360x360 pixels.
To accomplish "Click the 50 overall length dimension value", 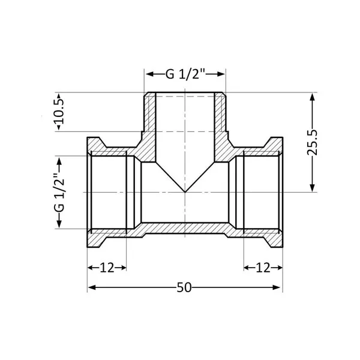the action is coord(184,287).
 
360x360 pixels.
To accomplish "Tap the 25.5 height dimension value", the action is coord(312,143).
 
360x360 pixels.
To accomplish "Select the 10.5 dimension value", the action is coord(59,112).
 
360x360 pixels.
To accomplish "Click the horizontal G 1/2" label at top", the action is coord(185,74).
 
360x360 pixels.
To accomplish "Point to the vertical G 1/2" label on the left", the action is coord(59,193).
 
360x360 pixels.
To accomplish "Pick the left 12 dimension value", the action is coord(107,268).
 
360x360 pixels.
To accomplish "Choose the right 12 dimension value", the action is coord(263,268).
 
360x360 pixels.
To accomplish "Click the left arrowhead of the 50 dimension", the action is coord(92,287).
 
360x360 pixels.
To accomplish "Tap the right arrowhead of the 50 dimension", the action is coord(276,287).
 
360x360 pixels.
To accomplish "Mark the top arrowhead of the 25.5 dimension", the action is coord(312,97).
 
